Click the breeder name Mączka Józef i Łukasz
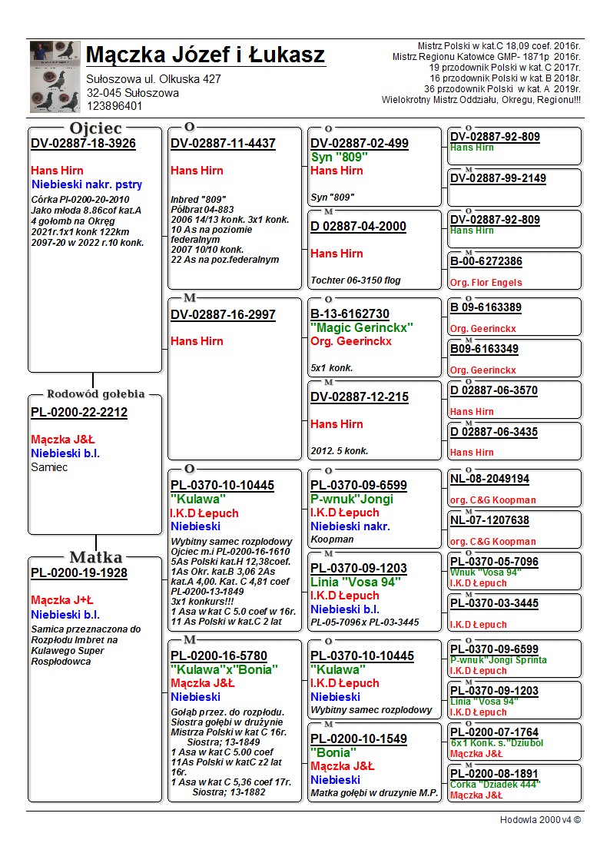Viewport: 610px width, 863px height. (205, 55)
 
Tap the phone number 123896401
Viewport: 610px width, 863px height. (114, 106)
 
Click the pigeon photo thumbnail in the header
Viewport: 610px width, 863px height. (55, 76)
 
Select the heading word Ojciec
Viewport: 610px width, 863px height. (96, 128)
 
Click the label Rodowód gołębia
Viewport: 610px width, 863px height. (96, 394)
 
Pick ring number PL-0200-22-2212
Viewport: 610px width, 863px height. (79, 413)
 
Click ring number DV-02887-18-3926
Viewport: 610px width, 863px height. (83, 144)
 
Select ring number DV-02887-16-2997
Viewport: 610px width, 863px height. (223, 315)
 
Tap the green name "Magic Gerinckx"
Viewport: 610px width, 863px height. (362, 328)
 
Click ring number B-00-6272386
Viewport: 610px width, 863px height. (486, 262)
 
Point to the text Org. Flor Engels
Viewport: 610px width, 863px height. (486, 282)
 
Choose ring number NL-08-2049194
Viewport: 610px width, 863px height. (489, 480)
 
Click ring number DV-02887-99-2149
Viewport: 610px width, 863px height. (498, 178)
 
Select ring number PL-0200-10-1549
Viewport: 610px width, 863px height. (359, 739)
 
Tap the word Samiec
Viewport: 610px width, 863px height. (49, 466)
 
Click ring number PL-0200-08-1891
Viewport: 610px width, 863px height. (494, 774)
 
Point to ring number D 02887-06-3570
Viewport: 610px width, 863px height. (494, 390)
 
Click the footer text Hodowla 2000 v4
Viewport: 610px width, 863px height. (540, 820)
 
